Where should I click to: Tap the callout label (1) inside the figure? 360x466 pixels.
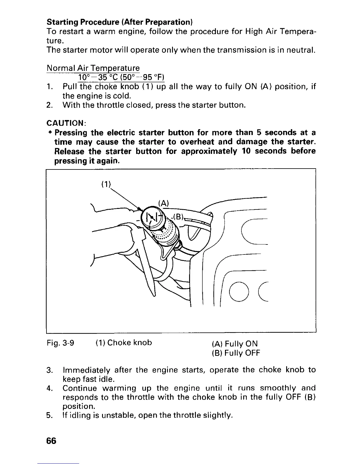[105, 185]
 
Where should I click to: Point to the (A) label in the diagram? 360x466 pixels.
[163, 203]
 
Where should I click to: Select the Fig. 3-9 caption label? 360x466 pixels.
[60, 343]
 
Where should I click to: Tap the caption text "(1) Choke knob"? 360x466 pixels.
[124, 343]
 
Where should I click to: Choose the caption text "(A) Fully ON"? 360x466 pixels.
[235, 344]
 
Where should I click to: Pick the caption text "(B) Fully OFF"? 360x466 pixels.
[236, 352]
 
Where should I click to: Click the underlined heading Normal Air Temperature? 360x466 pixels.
[93, 68]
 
